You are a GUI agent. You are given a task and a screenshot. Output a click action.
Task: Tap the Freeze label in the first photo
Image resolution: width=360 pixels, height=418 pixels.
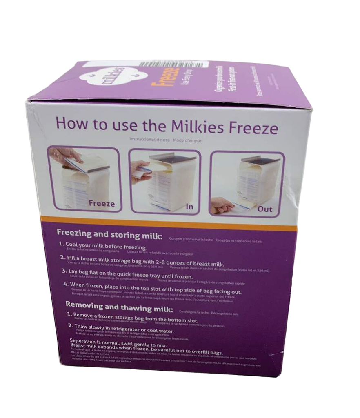pos(102,203)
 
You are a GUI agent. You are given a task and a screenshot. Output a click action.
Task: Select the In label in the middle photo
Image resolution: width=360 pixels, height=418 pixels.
pos(189,207)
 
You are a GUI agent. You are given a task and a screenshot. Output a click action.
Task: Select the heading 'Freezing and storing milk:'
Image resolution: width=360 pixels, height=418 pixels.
pos(109,235)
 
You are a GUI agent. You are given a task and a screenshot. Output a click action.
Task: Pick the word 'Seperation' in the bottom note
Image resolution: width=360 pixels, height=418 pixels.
pos(85,340)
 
